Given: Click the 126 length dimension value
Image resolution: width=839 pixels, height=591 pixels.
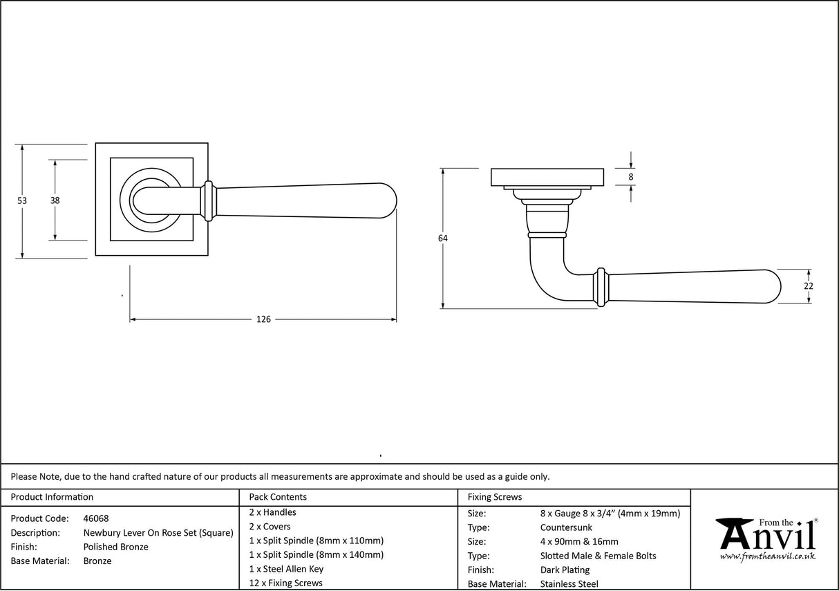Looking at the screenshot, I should click(x=263, y=319).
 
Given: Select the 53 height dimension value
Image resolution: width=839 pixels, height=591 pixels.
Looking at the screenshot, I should click(x=22, y=200).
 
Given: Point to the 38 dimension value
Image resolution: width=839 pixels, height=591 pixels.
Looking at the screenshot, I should click(x=54, y=200).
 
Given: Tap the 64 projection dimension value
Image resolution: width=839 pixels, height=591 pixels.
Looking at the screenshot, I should click(x=442, y=238).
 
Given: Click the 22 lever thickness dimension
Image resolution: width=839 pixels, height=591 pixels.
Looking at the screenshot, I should click(x=809, y=286).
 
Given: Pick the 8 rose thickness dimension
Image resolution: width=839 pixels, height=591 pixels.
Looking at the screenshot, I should click(x=631, y=176).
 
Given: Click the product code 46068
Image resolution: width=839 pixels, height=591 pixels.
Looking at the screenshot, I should click(x=95, y=518).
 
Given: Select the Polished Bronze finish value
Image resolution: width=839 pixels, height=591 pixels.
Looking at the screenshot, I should click(x=115, y=547).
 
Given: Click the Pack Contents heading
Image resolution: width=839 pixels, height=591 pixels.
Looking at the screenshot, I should click(x=278, y=497).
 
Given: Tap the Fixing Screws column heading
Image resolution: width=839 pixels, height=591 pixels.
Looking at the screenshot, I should click(x=495, y=497).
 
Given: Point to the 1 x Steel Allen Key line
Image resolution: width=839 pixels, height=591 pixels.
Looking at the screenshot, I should click(x=286, y=569).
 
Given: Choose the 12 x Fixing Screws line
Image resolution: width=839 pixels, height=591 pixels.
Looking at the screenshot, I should click(x=285, y=583).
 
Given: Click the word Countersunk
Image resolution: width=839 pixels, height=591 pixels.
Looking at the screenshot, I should click(x=566, y=527).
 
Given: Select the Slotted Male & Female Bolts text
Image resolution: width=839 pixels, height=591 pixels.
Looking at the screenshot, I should click(x=598, y=556).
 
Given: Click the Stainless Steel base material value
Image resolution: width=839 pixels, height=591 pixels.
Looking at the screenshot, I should click(x=569, y=584).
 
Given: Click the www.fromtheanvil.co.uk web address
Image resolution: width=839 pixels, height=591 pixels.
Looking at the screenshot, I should click(x=767, y=556).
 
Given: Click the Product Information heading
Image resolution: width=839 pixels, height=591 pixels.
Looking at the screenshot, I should click(x=52, y=497).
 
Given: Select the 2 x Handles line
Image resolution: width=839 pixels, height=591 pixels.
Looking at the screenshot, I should click(x=272, y=512).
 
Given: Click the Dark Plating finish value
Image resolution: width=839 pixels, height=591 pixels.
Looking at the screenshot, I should click(x=565, y=570).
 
